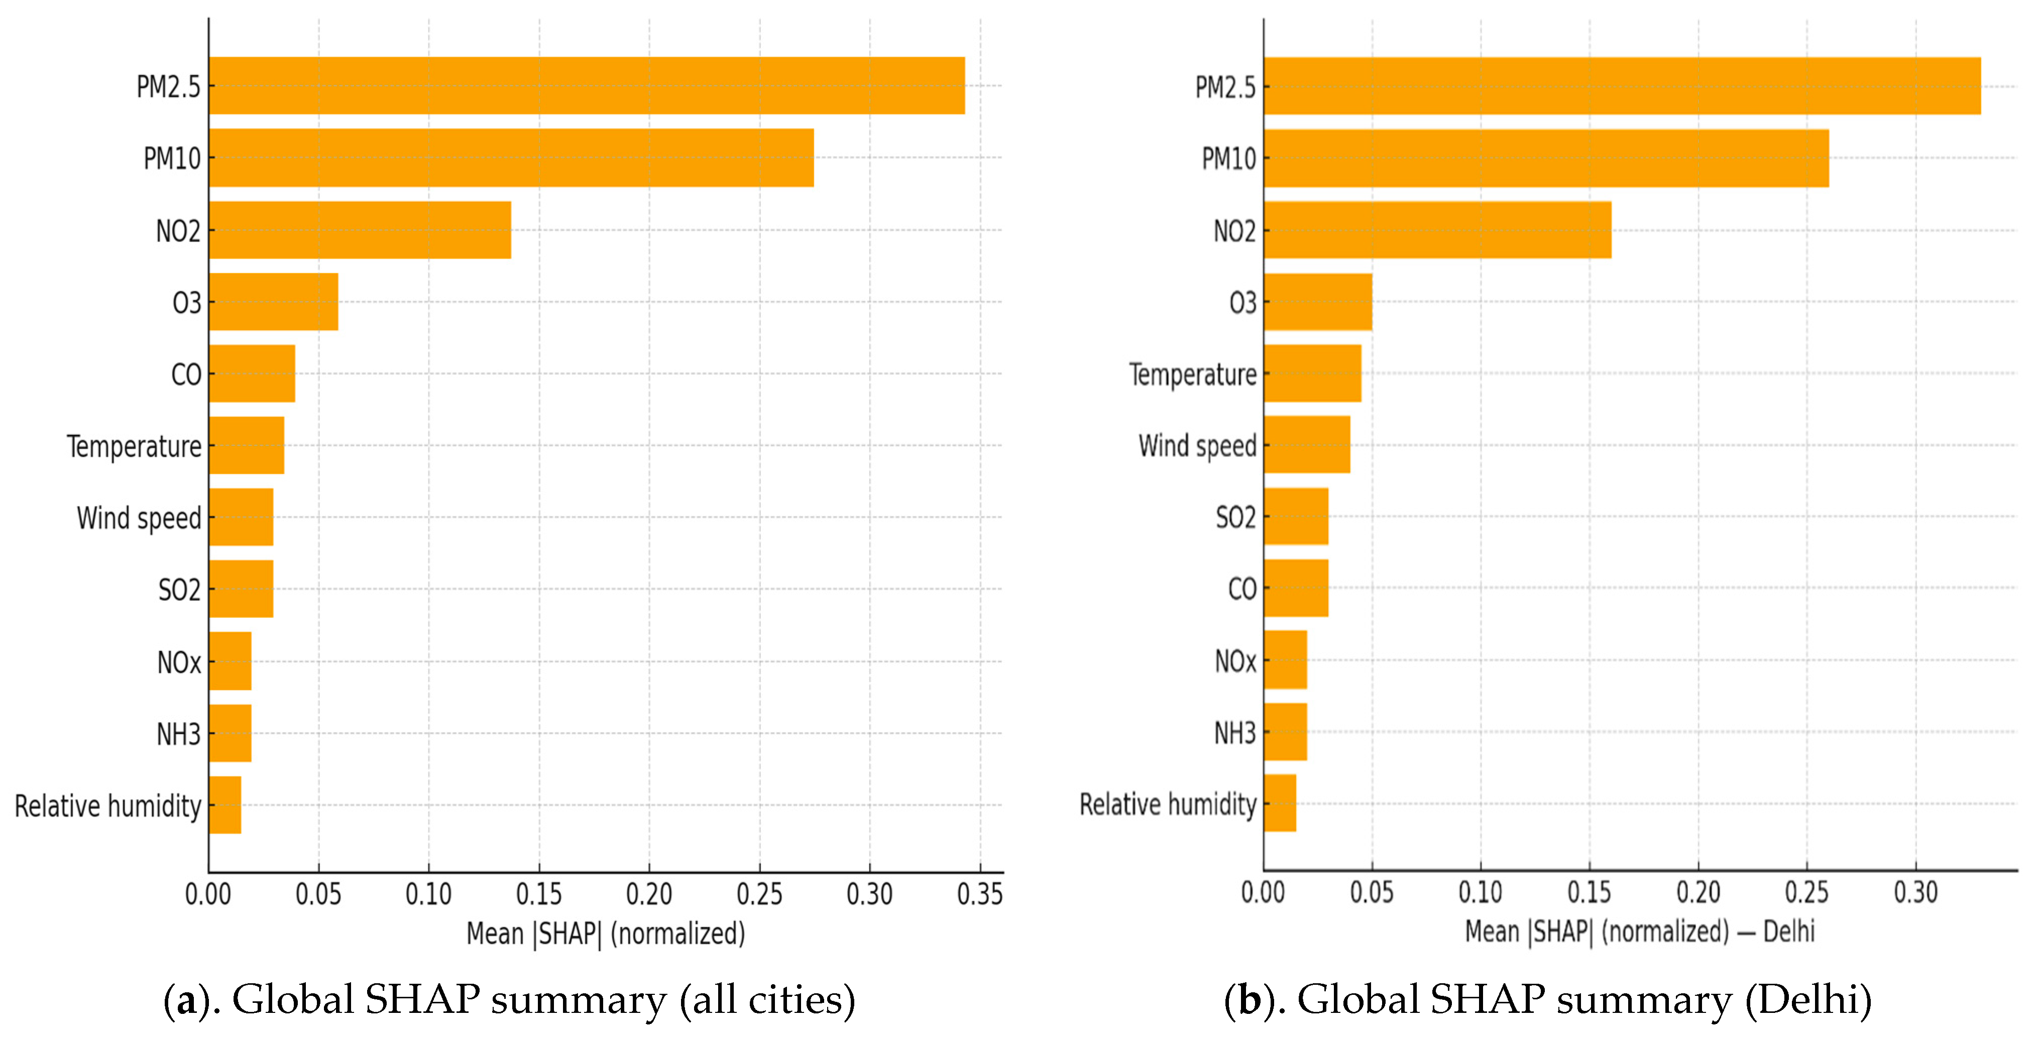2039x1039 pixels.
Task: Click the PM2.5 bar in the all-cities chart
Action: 587,85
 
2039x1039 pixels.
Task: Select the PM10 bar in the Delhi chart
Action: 1546,158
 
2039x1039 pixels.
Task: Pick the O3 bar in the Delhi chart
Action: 1318,301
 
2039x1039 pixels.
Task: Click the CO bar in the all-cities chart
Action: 252,374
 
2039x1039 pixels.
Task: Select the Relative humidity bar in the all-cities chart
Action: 225,805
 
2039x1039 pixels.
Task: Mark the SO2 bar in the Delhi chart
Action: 1296,516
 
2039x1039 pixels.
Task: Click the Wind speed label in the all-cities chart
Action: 139,518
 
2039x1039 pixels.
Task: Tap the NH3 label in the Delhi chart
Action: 1235,733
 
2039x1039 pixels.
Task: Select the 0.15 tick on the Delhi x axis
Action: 1590,892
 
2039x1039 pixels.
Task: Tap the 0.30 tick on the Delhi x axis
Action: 1915,892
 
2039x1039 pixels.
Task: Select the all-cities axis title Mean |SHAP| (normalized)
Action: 606,934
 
